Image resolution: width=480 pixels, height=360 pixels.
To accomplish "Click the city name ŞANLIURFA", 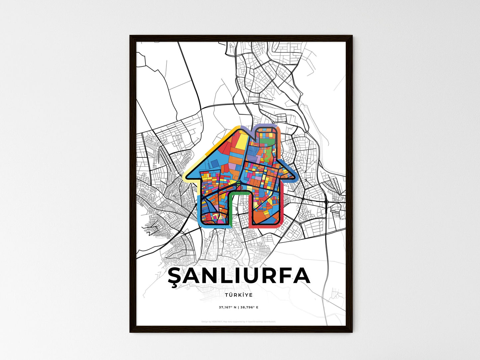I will click(x=239, y=276).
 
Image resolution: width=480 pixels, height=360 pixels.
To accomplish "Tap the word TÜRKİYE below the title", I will click(x=239, y=295).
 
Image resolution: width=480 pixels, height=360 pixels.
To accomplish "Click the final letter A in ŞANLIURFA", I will click(x=302, y=276).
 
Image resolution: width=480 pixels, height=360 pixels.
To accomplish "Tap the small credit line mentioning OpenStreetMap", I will click(x=239, y=321).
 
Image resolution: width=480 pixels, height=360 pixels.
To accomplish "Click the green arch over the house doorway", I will click(x=239, y=192).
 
